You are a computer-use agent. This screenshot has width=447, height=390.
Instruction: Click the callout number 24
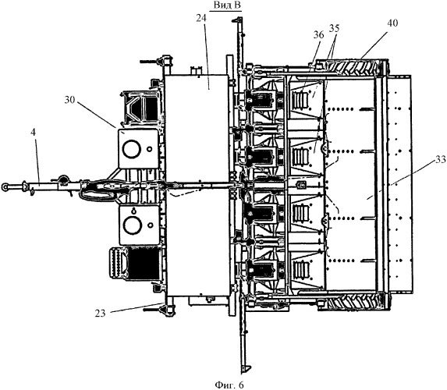click(201, 18)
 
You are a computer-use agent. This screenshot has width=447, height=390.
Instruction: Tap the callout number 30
click(69, 100)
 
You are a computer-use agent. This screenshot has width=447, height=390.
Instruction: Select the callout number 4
click(34, 133)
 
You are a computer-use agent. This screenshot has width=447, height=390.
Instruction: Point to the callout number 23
click(100, 314)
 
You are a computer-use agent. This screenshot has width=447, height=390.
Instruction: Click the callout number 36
click(318, 35)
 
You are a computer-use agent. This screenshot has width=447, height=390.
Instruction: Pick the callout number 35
click(335, 28)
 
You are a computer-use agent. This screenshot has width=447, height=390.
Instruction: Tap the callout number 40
click(392, 23)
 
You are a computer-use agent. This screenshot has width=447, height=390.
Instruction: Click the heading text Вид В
click(227, 5)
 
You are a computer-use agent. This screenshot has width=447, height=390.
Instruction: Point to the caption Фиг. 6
click(229, 385)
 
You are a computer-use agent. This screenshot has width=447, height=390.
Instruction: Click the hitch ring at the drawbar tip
click(5, 186)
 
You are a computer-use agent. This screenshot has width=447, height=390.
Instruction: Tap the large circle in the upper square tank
click(131, 148)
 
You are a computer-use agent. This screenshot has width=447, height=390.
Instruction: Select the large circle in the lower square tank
click(131, 225)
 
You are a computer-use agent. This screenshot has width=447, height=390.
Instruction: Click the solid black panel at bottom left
click(142, 263)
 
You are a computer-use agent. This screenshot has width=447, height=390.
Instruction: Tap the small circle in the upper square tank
click(149, 149)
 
